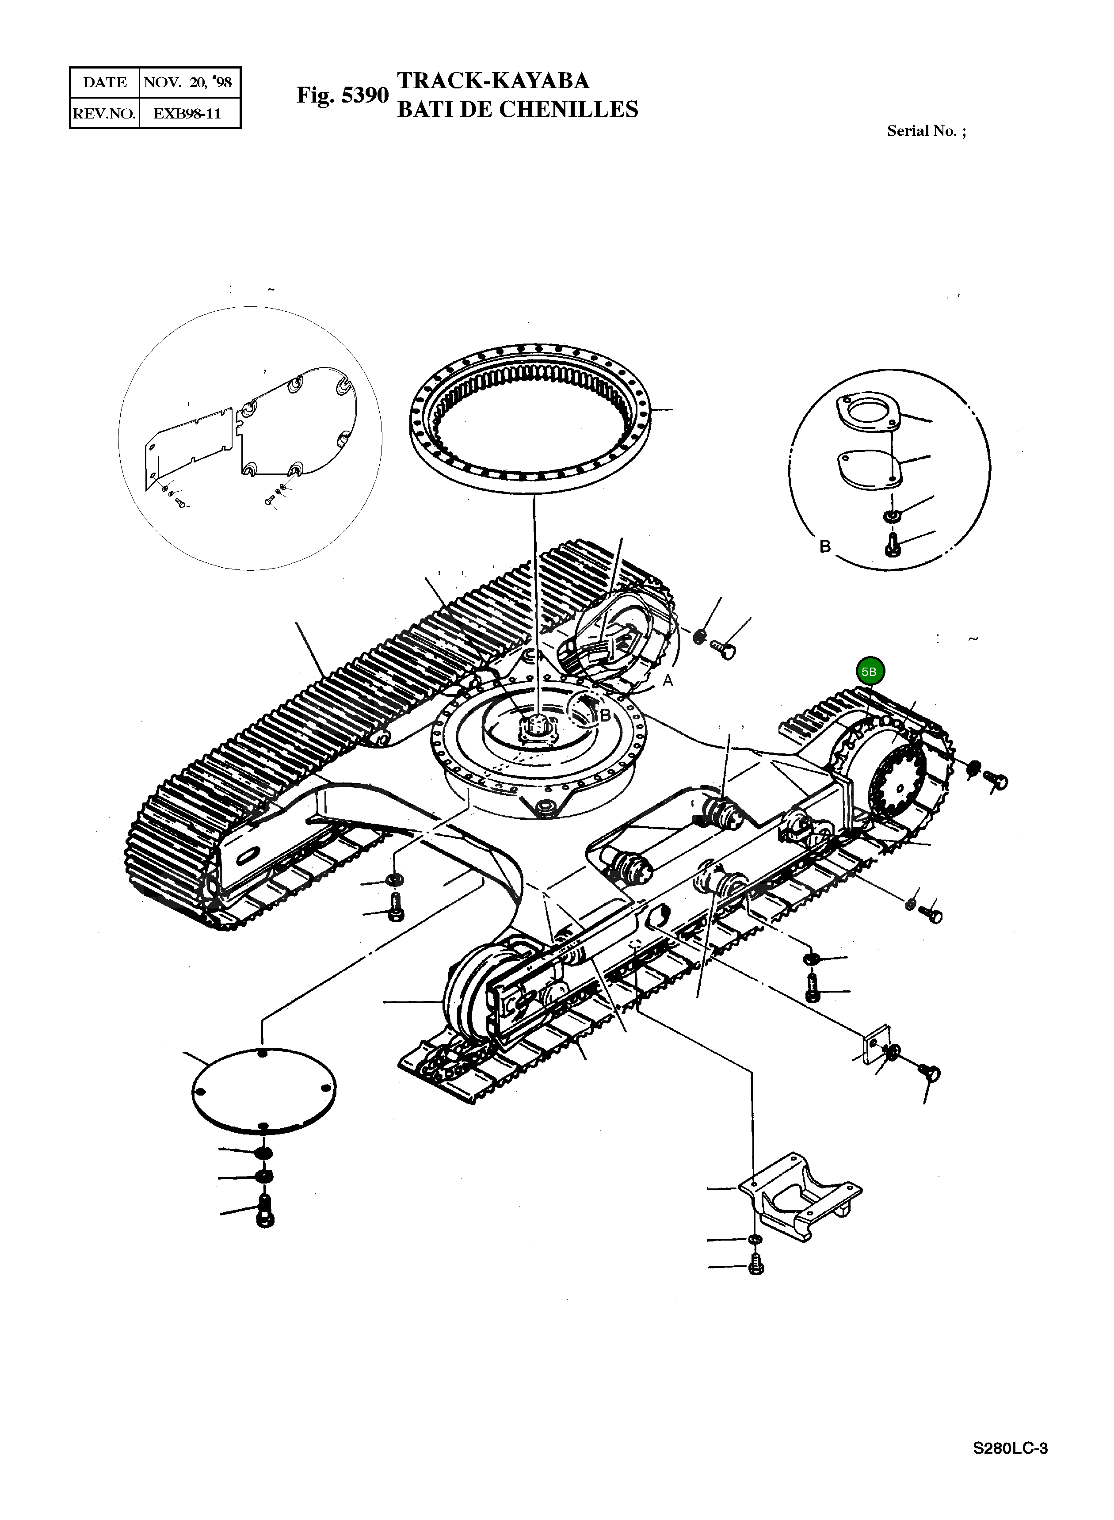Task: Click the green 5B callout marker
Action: (870, 672)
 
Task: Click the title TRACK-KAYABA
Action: (493, 81)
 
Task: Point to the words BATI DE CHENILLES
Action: (517, 109)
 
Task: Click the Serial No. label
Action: (925, 131)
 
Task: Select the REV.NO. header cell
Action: (104, 113)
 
